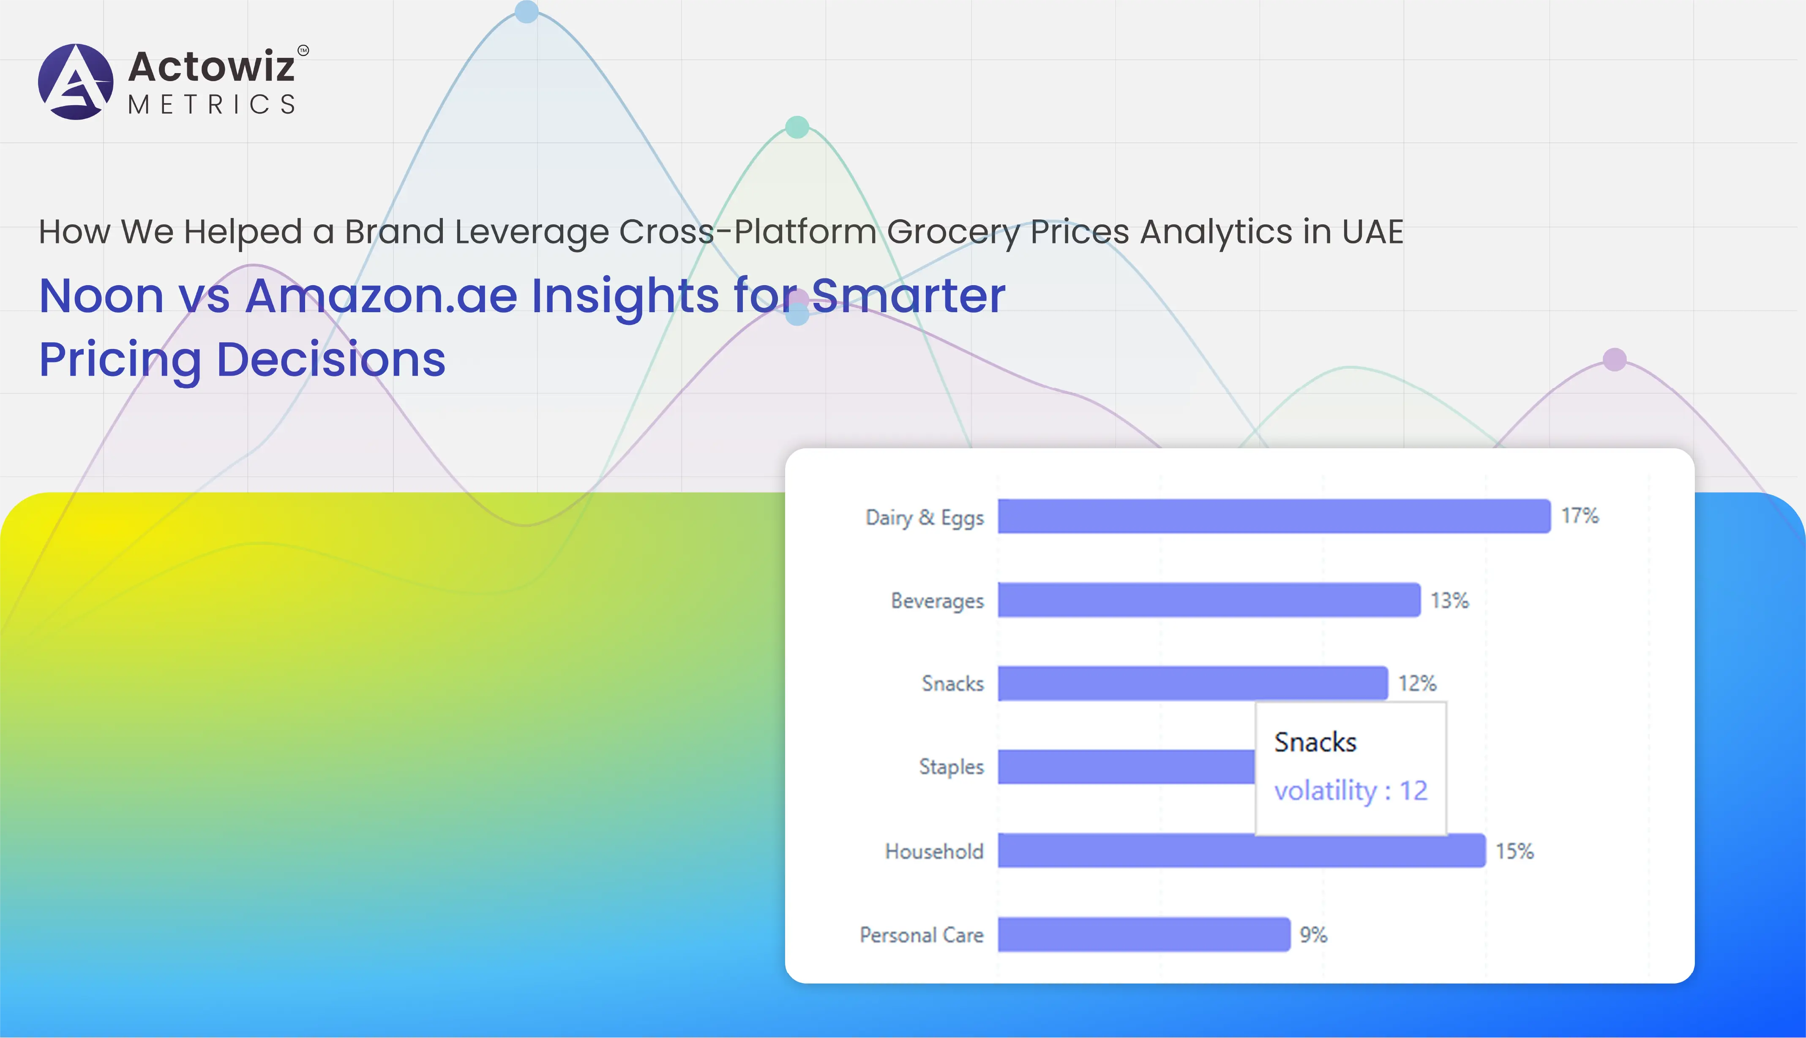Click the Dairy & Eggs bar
pos(1274,516)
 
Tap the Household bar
pos(1242,850)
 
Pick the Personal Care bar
pos(1143,934)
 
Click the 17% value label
pos(1580,515)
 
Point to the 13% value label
pos(1449,600)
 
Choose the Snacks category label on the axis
pos(952,684)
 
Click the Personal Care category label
pos(921,934)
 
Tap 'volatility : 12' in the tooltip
pos(1350,790)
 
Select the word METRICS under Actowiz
pos(212,105)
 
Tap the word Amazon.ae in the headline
pos(382,295)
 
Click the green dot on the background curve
pos(797,127)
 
